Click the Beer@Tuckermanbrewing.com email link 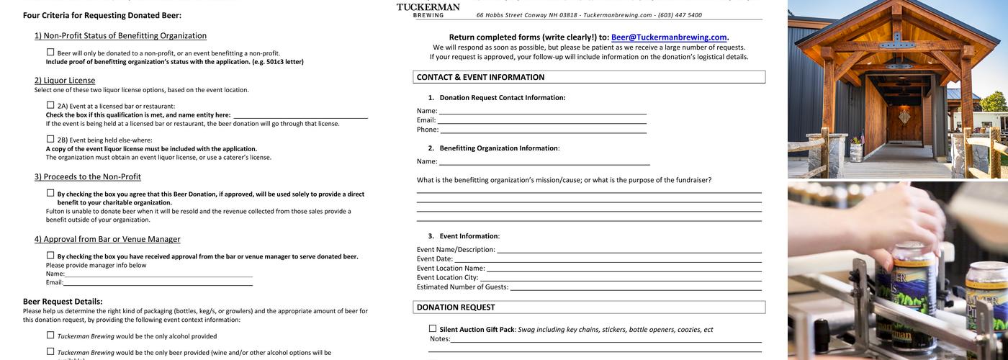[669, 37]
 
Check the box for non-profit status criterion [50, 52]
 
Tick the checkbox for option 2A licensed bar [50, 105]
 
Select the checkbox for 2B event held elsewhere [50, 139]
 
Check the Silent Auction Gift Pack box [433, 329]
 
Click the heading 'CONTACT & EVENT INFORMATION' [480, 77]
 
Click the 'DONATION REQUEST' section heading [456, 307]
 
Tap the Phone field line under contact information [543, 130]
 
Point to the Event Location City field [620, 278]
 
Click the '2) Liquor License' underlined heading [65, 81]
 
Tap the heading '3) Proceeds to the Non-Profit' [88, 177]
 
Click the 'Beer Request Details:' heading [63, 302]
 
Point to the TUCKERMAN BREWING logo [428, 9]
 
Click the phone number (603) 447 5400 [680, 15]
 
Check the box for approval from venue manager [50, 256]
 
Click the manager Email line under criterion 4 [158, 283]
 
